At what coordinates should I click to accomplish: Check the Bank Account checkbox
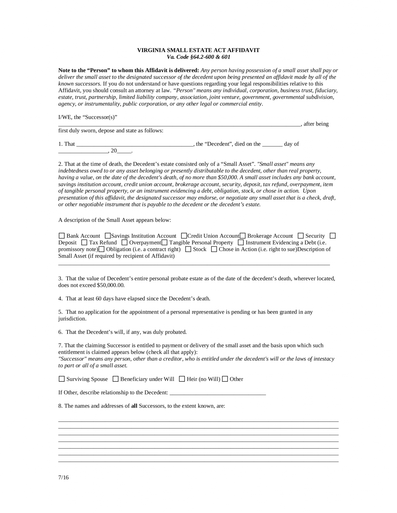pyautogui.click(x=61, y=236)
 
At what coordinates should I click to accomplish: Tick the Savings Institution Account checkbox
pyautogui.click(x=108, y=236)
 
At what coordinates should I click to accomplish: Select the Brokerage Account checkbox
pyautogui.click(x=243, y=236)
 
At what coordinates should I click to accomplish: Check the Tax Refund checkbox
pyautogui.click(x=85, y=242)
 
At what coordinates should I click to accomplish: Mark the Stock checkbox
pyautogui.click(x=188, y=249)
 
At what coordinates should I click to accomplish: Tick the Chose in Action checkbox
pyautogui.click(x=214, y=249)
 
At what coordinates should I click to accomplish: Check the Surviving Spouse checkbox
pyautogui.click(x=61, y=379)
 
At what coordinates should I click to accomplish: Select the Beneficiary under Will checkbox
pyautogui.click(x=115, y=379)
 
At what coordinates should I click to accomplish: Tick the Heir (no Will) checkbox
pyautogui.click(x=182, y=379)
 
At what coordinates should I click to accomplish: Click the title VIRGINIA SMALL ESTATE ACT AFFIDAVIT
pyautogui.click(x=198, y=50)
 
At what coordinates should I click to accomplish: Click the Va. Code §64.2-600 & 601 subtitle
pyautogui.click(x=198, y=57)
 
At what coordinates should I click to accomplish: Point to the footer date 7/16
pyautogui.click(x=63, y=477)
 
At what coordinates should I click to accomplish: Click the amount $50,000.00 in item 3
pyautogui.click(x=111, y=285)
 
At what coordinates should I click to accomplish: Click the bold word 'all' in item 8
pyautogui.click(x=134, y=406)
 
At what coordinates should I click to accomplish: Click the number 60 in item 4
pyautogui.click(x=99, y=299)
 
